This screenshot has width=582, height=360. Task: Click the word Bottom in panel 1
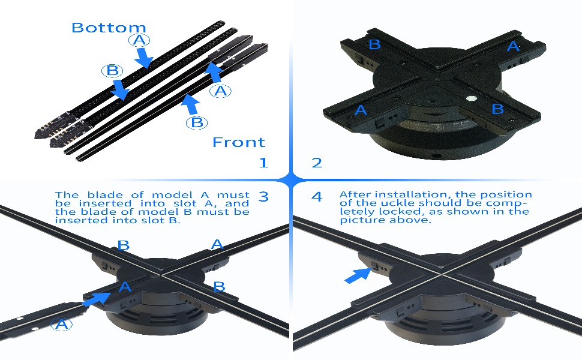point(109,28)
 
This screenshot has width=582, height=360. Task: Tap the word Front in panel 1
point(238,142)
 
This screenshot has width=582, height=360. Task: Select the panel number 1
point(263,163)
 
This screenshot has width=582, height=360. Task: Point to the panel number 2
point(317,163)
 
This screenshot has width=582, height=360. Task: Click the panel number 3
point(263,196)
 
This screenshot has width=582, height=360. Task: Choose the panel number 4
point(317,197)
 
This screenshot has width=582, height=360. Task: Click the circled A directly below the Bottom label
point(139,40)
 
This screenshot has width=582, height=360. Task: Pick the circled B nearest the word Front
point(196,122)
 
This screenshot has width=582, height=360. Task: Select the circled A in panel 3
point(60,325)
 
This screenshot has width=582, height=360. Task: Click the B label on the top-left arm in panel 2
point(374,44)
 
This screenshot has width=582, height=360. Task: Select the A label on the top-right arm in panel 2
point(513,46)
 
